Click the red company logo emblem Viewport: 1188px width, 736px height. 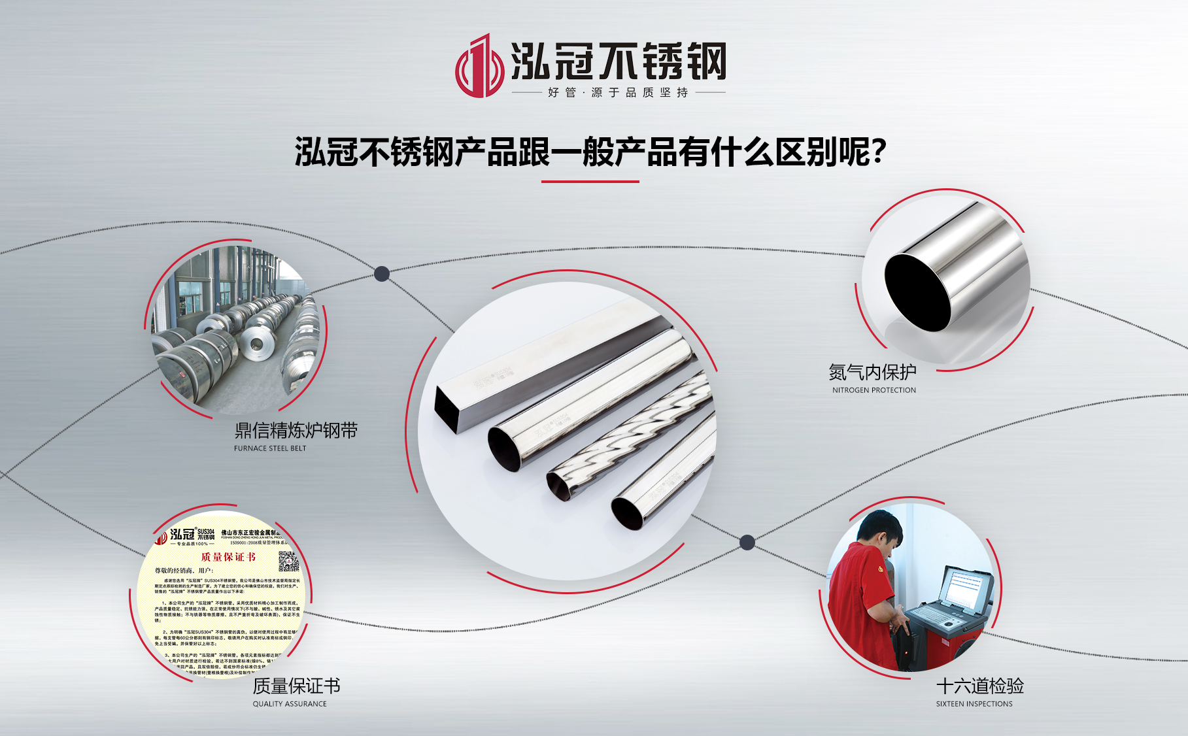tap(479, 66)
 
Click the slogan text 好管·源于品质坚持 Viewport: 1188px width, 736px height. tap(618, 93)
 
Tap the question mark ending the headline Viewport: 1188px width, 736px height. tap(879, 152)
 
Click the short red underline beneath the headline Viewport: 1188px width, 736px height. tap(590, 182)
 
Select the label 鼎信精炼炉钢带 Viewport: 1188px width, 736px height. tap(296, 431)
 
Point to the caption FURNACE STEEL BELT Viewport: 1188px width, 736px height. tap(270, 448)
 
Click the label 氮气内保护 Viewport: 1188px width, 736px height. tap(872, 372)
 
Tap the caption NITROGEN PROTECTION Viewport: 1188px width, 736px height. tap(874, 390)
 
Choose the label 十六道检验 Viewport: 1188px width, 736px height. tap(980, 686)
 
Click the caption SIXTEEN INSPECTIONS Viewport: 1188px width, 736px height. tap(974, 704)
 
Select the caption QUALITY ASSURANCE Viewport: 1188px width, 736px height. tap(290, 704)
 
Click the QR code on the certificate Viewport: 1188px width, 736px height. tap(288, 561)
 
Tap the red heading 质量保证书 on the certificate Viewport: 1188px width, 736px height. tap(228, 557)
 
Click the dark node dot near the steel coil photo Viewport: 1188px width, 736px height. tap(382, 274)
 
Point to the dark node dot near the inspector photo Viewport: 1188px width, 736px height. tap(747, 542)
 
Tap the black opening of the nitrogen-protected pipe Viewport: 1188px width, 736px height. tap(917, 292)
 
